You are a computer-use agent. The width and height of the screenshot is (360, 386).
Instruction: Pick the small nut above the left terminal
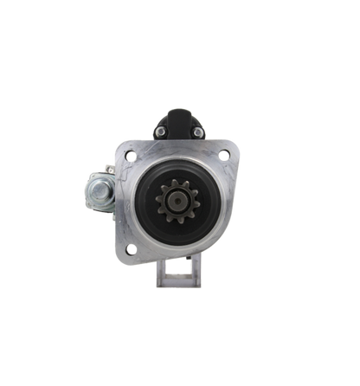tap(106, 170)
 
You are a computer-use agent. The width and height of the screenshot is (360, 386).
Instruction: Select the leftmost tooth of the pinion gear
tap(157, 200)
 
